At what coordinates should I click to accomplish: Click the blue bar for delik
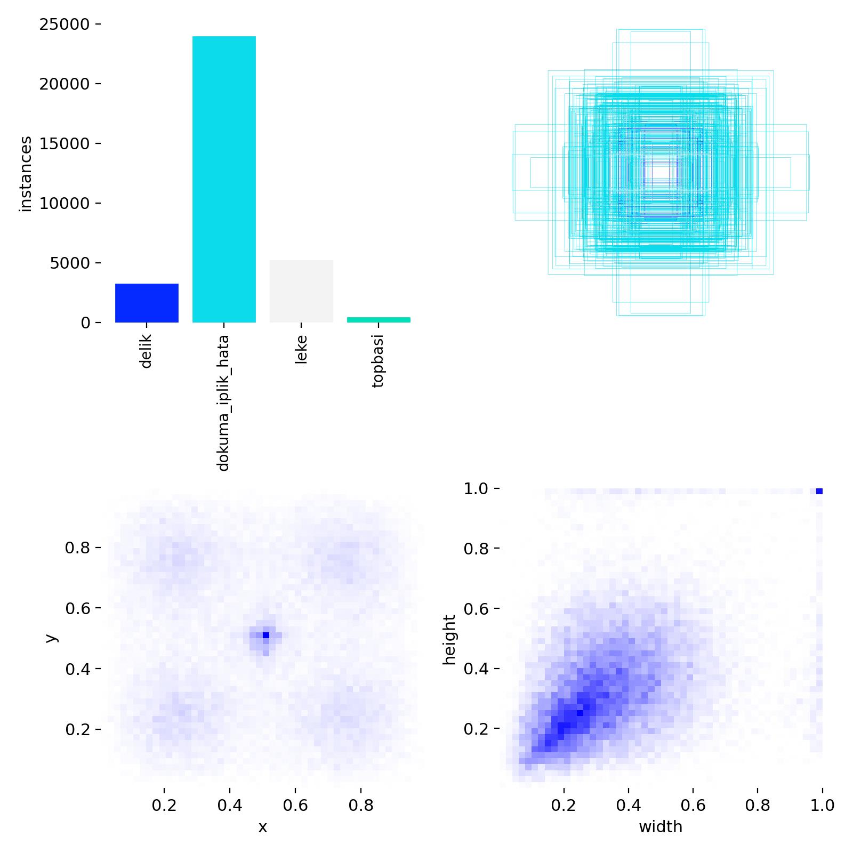[x=147, y=303]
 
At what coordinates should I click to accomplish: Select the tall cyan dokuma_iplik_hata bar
[x=224, y=179]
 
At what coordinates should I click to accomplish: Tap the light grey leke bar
[x=301, y=291]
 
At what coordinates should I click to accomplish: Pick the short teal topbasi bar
[x=379, y=320]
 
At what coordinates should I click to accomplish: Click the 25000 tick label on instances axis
[x=66, y=25]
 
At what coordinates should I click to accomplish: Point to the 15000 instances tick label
[x=66, y=144]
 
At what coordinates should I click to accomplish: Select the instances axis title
[x=26, y=174]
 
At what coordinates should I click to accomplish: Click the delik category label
[x=146, y=351]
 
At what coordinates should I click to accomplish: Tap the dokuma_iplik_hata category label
[x=223, y=403]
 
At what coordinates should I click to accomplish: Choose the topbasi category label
[x=378, y=361]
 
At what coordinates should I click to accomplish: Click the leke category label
[x=301, y=349]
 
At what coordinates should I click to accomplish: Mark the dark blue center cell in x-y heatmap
[x=265, y=635]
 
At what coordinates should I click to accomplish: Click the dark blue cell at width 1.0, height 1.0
[x=819, y=491]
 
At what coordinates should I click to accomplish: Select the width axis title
[x=661, y=827]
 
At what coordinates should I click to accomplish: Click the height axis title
[x=450, y=639]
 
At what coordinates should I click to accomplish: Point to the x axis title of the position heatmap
[x=262, y=827]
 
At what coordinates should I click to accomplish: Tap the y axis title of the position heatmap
[x=51, y=638]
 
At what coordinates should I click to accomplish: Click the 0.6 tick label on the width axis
[x=693, y=805]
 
